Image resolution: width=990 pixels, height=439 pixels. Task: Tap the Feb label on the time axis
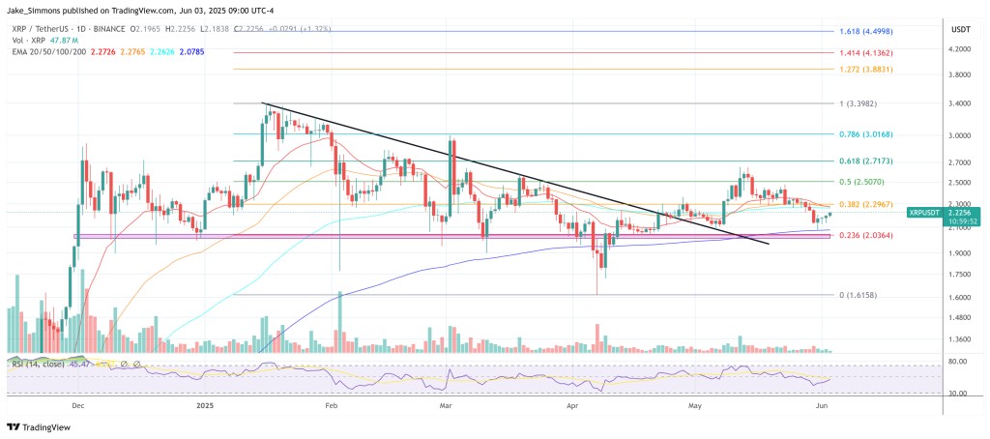click(332, 407)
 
